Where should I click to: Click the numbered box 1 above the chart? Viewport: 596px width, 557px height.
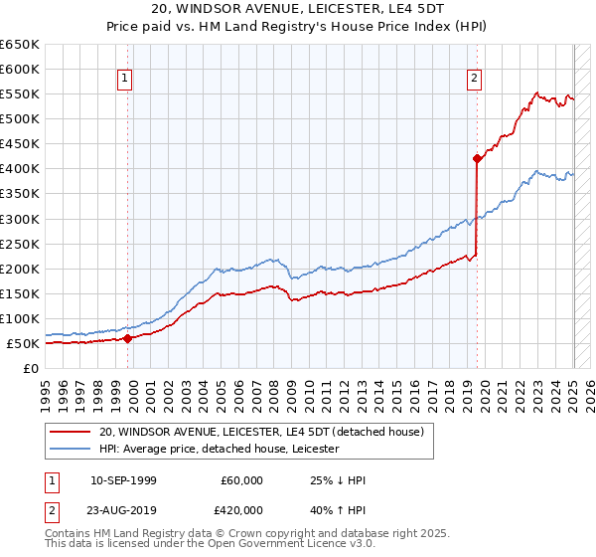point(126,79)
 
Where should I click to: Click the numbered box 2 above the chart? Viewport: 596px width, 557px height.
point(475,79)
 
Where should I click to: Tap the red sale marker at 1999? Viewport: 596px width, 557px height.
point(128,338)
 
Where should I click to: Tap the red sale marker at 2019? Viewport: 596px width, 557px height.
point(478,158)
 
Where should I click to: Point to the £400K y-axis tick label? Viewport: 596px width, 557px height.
point(20,168)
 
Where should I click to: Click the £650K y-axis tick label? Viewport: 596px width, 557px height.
point(20,44)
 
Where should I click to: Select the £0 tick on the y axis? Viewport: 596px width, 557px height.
point(32,368)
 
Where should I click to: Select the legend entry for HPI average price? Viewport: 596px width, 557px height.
point(220,449)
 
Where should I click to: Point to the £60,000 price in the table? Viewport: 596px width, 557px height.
point(242,480)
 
